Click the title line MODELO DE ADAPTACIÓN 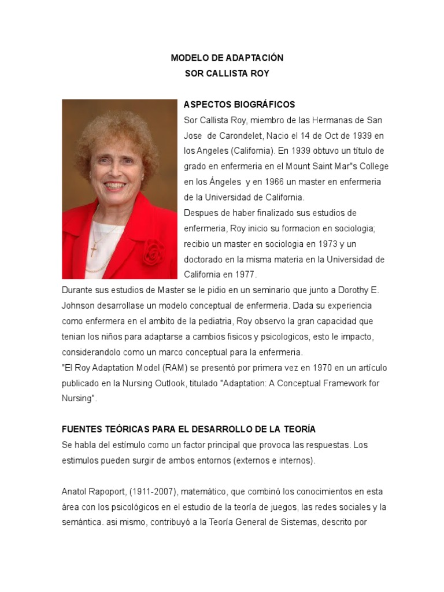[227, 58]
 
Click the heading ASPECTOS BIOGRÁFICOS [239, 105]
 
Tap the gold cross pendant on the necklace [94, 249]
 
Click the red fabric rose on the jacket [153, 253]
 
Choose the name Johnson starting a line [78, 305]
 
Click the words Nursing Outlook [156, 383]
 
